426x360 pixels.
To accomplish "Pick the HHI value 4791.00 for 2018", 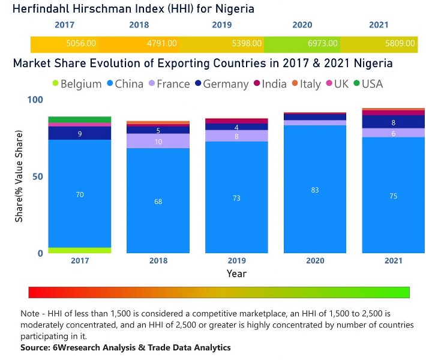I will pos(163,44).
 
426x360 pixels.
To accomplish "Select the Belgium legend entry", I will pos(77,84).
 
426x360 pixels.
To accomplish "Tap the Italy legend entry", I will pos(305,84).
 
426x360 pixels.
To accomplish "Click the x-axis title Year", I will pos(236,274).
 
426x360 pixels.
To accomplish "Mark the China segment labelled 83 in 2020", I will pos(315,189).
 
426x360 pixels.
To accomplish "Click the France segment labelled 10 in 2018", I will pos(158,141).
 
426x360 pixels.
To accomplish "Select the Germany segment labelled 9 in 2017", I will pos(80,133).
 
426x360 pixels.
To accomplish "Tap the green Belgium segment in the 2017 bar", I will pos(80,250).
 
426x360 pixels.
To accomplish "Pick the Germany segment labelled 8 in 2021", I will pos(393,122).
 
